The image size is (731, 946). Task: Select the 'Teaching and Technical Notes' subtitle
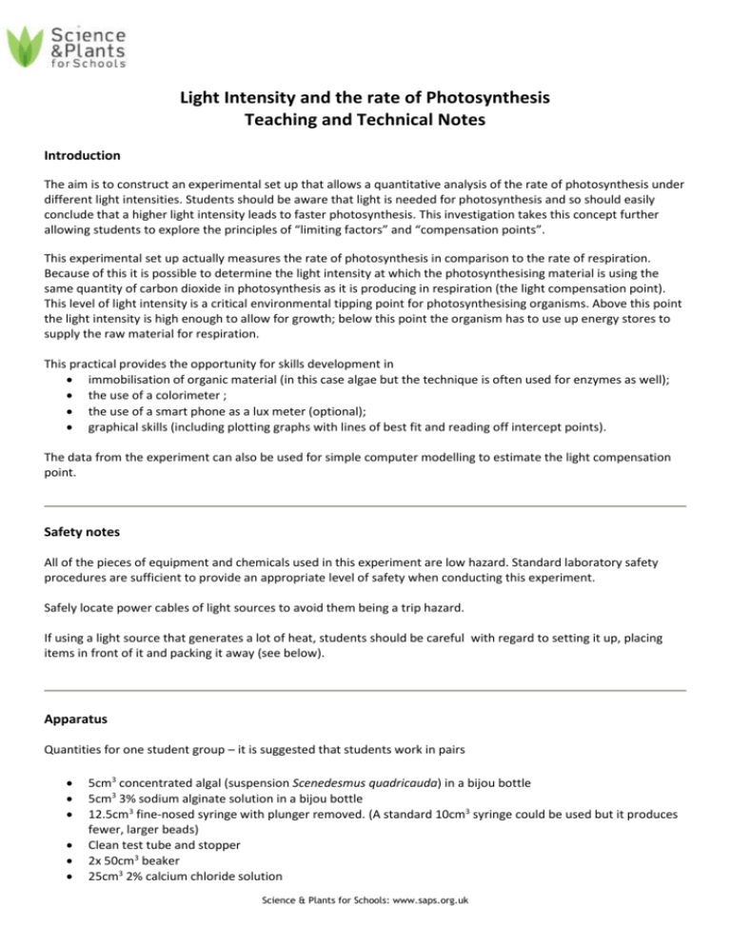[365, 120]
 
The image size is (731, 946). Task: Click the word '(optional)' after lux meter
[339, 429]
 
